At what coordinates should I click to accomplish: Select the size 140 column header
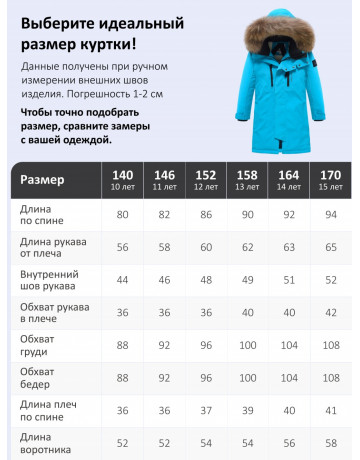pyautogui.click(x=124, y=181)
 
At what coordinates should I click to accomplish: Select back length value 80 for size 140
pyautogui.click(x=124, y=215)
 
